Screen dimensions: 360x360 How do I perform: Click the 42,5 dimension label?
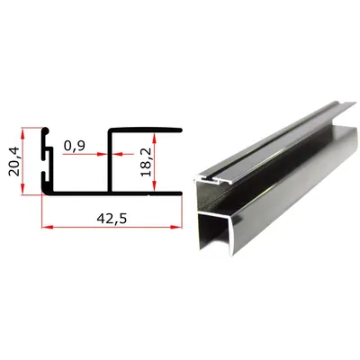pyautogui.click(x=112, y=219)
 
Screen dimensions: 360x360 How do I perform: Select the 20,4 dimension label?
pyautogui.click(x=14, y=161)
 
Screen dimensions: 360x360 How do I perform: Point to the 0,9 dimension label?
pyautogui.click(x=75, y=146)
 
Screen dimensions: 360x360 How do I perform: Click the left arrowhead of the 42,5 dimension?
pyautogui.click(x=46, y=227)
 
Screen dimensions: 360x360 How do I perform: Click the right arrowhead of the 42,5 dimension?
pyautogui.click(x=178, y=227)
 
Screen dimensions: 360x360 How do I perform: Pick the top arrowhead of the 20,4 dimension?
pyautogui.click(x=22, y=132)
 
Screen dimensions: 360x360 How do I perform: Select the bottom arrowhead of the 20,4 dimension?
pyautogui.click(x=22, y=190)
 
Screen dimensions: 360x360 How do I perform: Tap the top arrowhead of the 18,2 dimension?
pyautogui.click(x=155, y=138)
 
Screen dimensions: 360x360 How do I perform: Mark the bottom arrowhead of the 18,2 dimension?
pyautogui.click(x=155, y=186)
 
